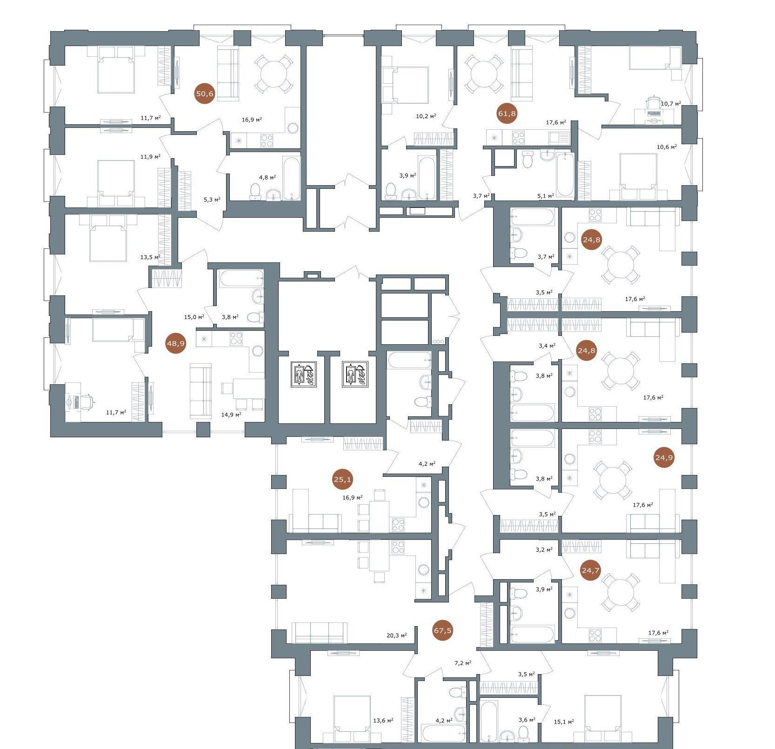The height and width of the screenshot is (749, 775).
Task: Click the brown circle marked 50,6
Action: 205,94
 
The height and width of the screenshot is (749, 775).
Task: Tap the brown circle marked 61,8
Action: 507,113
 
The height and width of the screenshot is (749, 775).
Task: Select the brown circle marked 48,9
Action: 176,344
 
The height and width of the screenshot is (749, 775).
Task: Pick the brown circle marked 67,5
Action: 442,631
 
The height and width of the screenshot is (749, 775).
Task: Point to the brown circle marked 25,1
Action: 342,479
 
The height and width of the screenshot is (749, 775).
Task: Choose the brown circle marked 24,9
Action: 664,457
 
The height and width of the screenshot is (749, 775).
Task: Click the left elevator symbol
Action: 304,374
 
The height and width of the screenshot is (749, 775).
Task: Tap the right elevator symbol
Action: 356,374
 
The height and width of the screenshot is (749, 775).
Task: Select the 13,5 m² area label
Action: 150,257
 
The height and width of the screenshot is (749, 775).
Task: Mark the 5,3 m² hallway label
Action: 211,199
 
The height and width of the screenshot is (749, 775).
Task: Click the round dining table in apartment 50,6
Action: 274,74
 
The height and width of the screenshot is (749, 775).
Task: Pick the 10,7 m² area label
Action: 671,104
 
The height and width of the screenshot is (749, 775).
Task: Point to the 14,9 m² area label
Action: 231,414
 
